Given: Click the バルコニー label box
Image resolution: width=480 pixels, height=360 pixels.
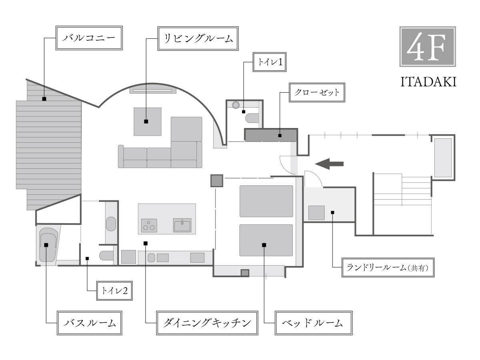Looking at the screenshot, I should pyautogui.click(x=88, y=39).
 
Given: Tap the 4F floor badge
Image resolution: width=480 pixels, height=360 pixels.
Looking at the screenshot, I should pyautogui.click(x=428, y=46).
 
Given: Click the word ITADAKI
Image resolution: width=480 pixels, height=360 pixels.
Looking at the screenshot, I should pyautogui.click(x=428, y=82).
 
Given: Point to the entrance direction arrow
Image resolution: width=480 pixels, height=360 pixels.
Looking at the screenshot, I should pyautogui.click(x=330, y=163).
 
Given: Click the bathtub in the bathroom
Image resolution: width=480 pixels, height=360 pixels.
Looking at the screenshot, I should pyautogui.click(x=48, y=245).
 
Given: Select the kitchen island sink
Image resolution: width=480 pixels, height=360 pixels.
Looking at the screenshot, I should pyautogui.click(x=182, y=225).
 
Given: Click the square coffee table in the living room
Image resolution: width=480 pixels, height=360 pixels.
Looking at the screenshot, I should pyautogui.click(x=147, y=121).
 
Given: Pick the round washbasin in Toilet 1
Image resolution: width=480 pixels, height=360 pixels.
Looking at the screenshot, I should pyautogui.click(x=236, y=105).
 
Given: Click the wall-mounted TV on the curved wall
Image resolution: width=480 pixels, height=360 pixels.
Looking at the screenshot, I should pyautogui.click(x=153, y=91).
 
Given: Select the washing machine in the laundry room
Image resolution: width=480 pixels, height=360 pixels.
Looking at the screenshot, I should pyautogui.click(x=316, y=212).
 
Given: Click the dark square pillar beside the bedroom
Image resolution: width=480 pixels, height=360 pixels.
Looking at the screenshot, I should pyautogui.click(x=216, y=181).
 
